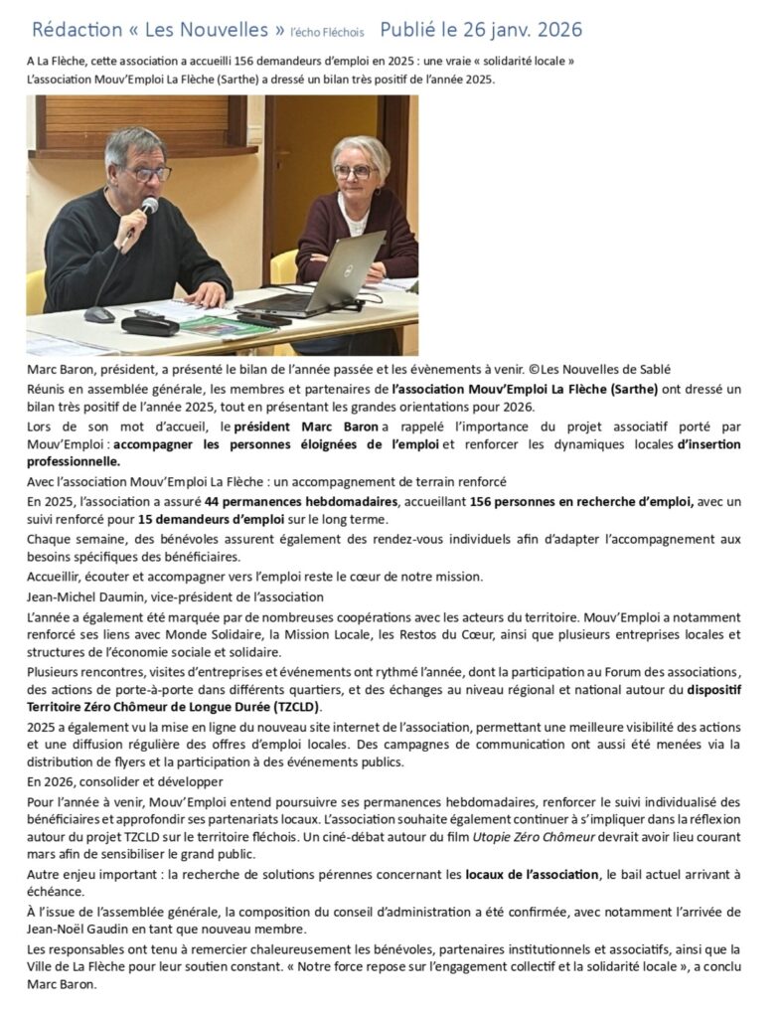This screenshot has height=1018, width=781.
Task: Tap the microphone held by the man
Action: [148, 208]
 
